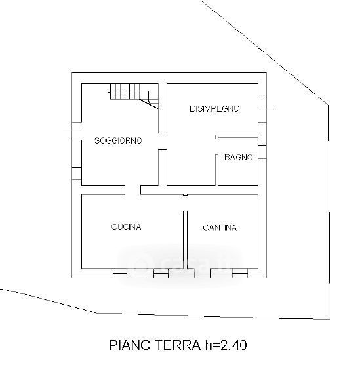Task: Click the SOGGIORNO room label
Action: tap(118, 140)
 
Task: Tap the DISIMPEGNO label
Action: tap(214, 109)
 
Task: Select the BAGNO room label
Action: tap(239, 158)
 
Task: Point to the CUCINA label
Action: tap(126, 226)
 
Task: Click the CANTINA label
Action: tap(220, 228)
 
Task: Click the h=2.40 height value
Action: tap(226, 345)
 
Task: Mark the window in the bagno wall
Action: tap(262, 152)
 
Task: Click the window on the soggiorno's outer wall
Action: tap(77, 174)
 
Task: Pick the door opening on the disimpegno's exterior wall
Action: tap(262, 110)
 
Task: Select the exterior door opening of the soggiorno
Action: tap(77, 131)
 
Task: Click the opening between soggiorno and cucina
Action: tap(133, 190)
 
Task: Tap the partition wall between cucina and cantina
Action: tap(186, 240)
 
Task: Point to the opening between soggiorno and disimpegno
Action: tap(163, 141)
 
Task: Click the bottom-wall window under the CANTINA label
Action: tap(240, 274)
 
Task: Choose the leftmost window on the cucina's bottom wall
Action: tap(120, 274)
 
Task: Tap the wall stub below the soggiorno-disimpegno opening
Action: tap(163, 167)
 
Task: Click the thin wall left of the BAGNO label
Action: tap(217, 170)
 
